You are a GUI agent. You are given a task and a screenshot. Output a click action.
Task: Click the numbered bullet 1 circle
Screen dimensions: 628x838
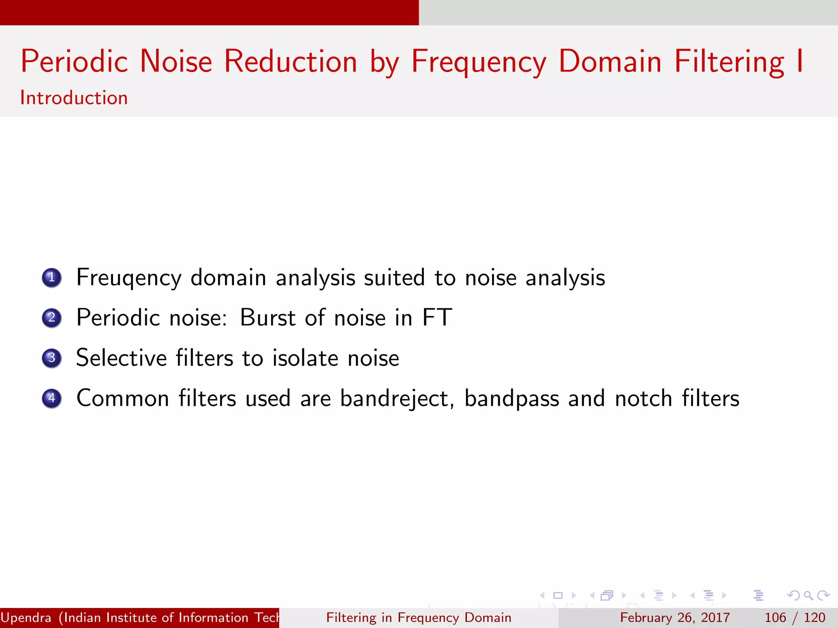(52, 278)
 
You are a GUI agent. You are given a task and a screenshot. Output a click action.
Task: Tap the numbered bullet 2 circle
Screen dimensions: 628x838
(52, 318)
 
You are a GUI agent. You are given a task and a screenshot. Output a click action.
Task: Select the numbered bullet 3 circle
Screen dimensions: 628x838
(52, 358)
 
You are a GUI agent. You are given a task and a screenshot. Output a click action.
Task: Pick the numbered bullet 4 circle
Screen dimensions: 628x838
(52, 398)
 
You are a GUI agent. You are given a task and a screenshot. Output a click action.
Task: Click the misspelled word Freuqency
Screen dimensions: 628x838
(129, 278)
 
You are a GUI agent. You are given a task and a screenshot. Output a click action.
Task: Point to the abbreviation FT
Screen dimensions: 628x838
(437, 318)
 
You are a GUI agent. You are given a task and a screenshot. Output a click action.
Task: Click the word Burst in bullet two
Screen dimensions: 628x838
(268, 318)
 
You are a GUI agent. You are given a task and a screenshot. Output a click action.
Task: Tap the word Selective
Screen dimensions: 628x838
(121, 358)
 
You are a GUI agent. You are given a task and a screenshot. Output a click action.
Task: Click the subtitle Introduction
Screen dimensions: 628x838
(74, 98)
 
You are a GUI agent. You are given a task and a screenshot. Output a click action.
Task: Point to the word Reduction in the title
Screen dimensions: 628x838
(291, 62)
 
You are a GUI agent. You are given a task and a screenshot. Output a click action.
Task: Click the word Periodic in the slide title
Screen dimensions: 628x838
(74, 62)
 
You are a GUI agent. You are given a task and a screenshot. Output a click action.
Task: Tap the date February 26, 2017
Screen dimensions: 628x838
(675, 617)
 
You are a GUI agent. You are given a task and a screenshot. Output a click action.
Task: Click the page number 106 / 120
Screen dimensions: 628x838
(795, 617)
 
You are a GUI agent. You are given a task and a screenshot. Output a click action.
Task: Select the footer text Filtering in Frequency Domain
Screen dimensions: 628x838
(419, 617)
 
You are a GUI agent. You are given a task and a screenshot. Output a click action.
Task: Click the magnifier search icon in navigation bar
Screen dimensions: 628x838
(808, 595)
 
